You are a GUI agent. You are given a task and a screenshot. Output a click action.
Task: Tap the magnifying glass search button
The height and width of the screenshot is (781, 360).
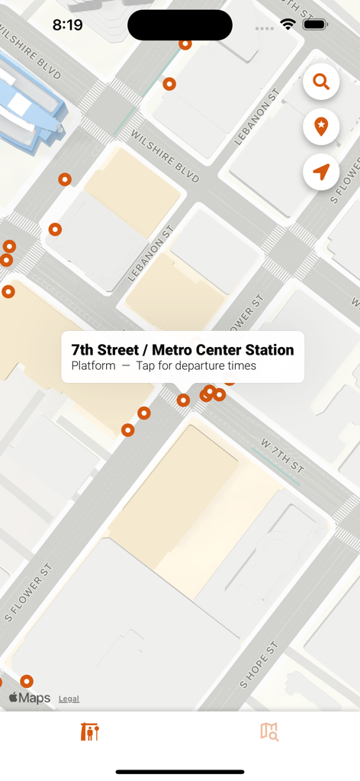321,82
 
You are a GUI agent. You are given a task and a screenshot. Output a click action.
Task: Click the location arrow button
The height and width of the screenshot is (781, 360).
321,172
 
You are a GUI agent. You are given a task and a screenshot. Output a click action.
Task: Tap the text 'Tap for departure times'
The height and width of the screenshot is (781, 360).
196,366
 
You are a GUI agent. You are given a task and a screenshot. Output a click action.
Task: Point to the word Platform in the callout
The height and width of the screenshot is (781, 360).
93,366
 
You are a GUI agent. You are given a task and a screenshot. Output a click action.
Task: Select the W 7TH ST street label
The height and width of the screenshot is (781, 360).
282,455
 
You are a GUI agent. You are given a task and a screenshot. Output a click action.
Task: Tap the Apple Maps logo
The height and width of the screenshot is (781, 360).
30,698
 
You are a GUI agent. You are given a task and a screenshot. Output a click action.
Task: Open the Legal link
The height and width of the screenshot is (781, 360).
69,699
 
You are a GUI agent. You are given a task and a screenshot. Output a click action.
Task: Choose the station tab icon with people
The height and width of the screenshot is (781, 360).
90,731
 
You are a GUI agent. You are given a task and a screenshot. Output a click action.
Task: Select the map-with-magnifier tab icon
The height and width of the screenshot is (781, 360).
269,731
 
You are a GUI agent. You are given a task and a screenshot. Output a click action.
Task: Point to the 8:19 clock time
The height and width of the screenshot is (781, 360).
67,24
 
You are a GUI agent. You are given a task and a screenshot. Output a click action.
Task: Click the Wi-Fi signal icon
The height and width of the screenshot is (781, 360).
288,24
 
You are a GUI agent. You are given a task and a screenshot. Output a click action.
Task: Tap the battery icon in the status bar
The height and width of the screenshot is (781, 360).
315,24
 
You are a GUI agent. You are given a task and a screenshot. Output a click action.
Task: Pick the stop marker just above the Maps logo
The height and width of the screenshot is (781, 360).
27,681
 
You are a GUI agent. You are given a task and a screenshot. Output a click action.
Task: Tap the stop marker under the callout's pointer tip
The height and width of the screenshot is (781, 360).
183,400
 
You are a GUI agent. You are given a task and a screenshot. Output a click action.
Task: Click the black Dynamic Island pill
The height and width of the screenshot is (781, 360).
180,25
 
